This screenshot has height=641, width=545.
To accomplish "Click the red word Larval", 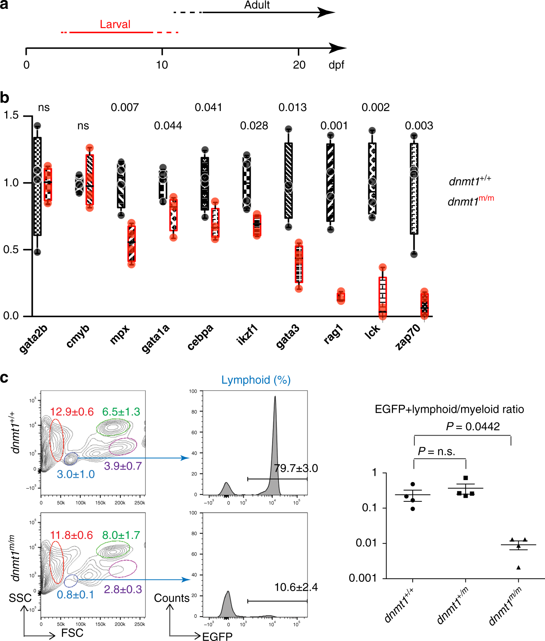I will click(115, 24).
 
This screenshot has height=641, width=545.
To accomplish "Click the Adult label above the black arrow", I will click(257, 5).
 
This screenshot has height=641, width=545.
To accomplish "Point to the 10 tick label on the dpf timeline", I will click(162, 65).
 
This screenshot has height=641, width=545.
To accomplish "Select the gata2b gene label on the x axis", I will click(34, 338).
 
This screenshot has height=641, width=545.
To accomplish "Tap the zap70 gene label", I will click(408, 337).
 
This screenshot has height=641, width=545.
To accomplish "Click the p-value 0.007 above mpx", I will click(125, 108).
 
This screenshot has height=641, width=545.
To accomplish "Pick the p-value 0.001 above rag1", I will click(334, 126).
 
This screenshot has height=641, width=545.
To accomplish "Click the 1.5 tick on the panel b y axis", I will click(11, 115).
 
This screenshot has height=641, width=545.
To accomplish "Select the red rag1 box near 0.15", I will click(341, 296).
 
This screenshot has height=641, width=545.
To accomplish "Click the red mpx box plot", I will click(132, 244).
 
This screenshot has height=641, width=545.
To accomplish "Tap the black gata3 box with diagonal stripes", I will click(289, 181).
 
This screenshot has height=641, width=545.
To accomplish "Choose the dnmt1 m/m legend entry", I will click(471, 201).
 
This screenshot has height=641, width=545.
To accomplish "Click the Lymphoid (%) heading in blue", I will click(256, 380).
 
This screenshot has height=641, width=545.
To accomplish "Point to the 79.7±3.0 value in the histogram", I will click(296, 468).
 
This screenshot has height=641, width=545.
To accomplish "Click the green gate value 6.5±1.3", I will click(121, 412).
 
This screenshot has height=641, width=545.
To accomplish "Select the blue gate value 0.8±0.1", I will click(75, 595).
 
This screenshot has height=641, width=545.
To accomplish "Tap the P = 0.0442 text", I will click(472, 426).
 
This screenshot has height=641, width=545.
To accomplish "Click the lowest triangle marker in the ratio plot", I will click(518, 567).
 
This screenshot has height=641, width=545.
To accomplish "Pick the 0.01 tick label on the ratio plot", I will click(366, 543).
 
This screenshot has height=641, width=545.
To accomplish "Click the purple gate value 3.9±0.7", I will click(123, 466).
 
